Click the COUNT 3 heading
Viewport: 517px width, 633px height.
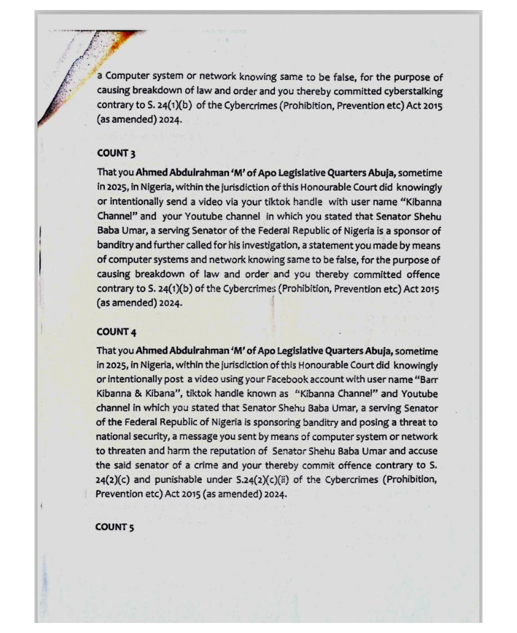116,154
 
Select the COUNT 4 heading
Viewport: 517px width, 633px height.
116,333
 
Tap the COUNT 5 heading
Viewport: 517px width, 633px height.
115,527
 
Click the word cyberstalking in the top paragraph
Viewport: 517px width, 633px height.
407,92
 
